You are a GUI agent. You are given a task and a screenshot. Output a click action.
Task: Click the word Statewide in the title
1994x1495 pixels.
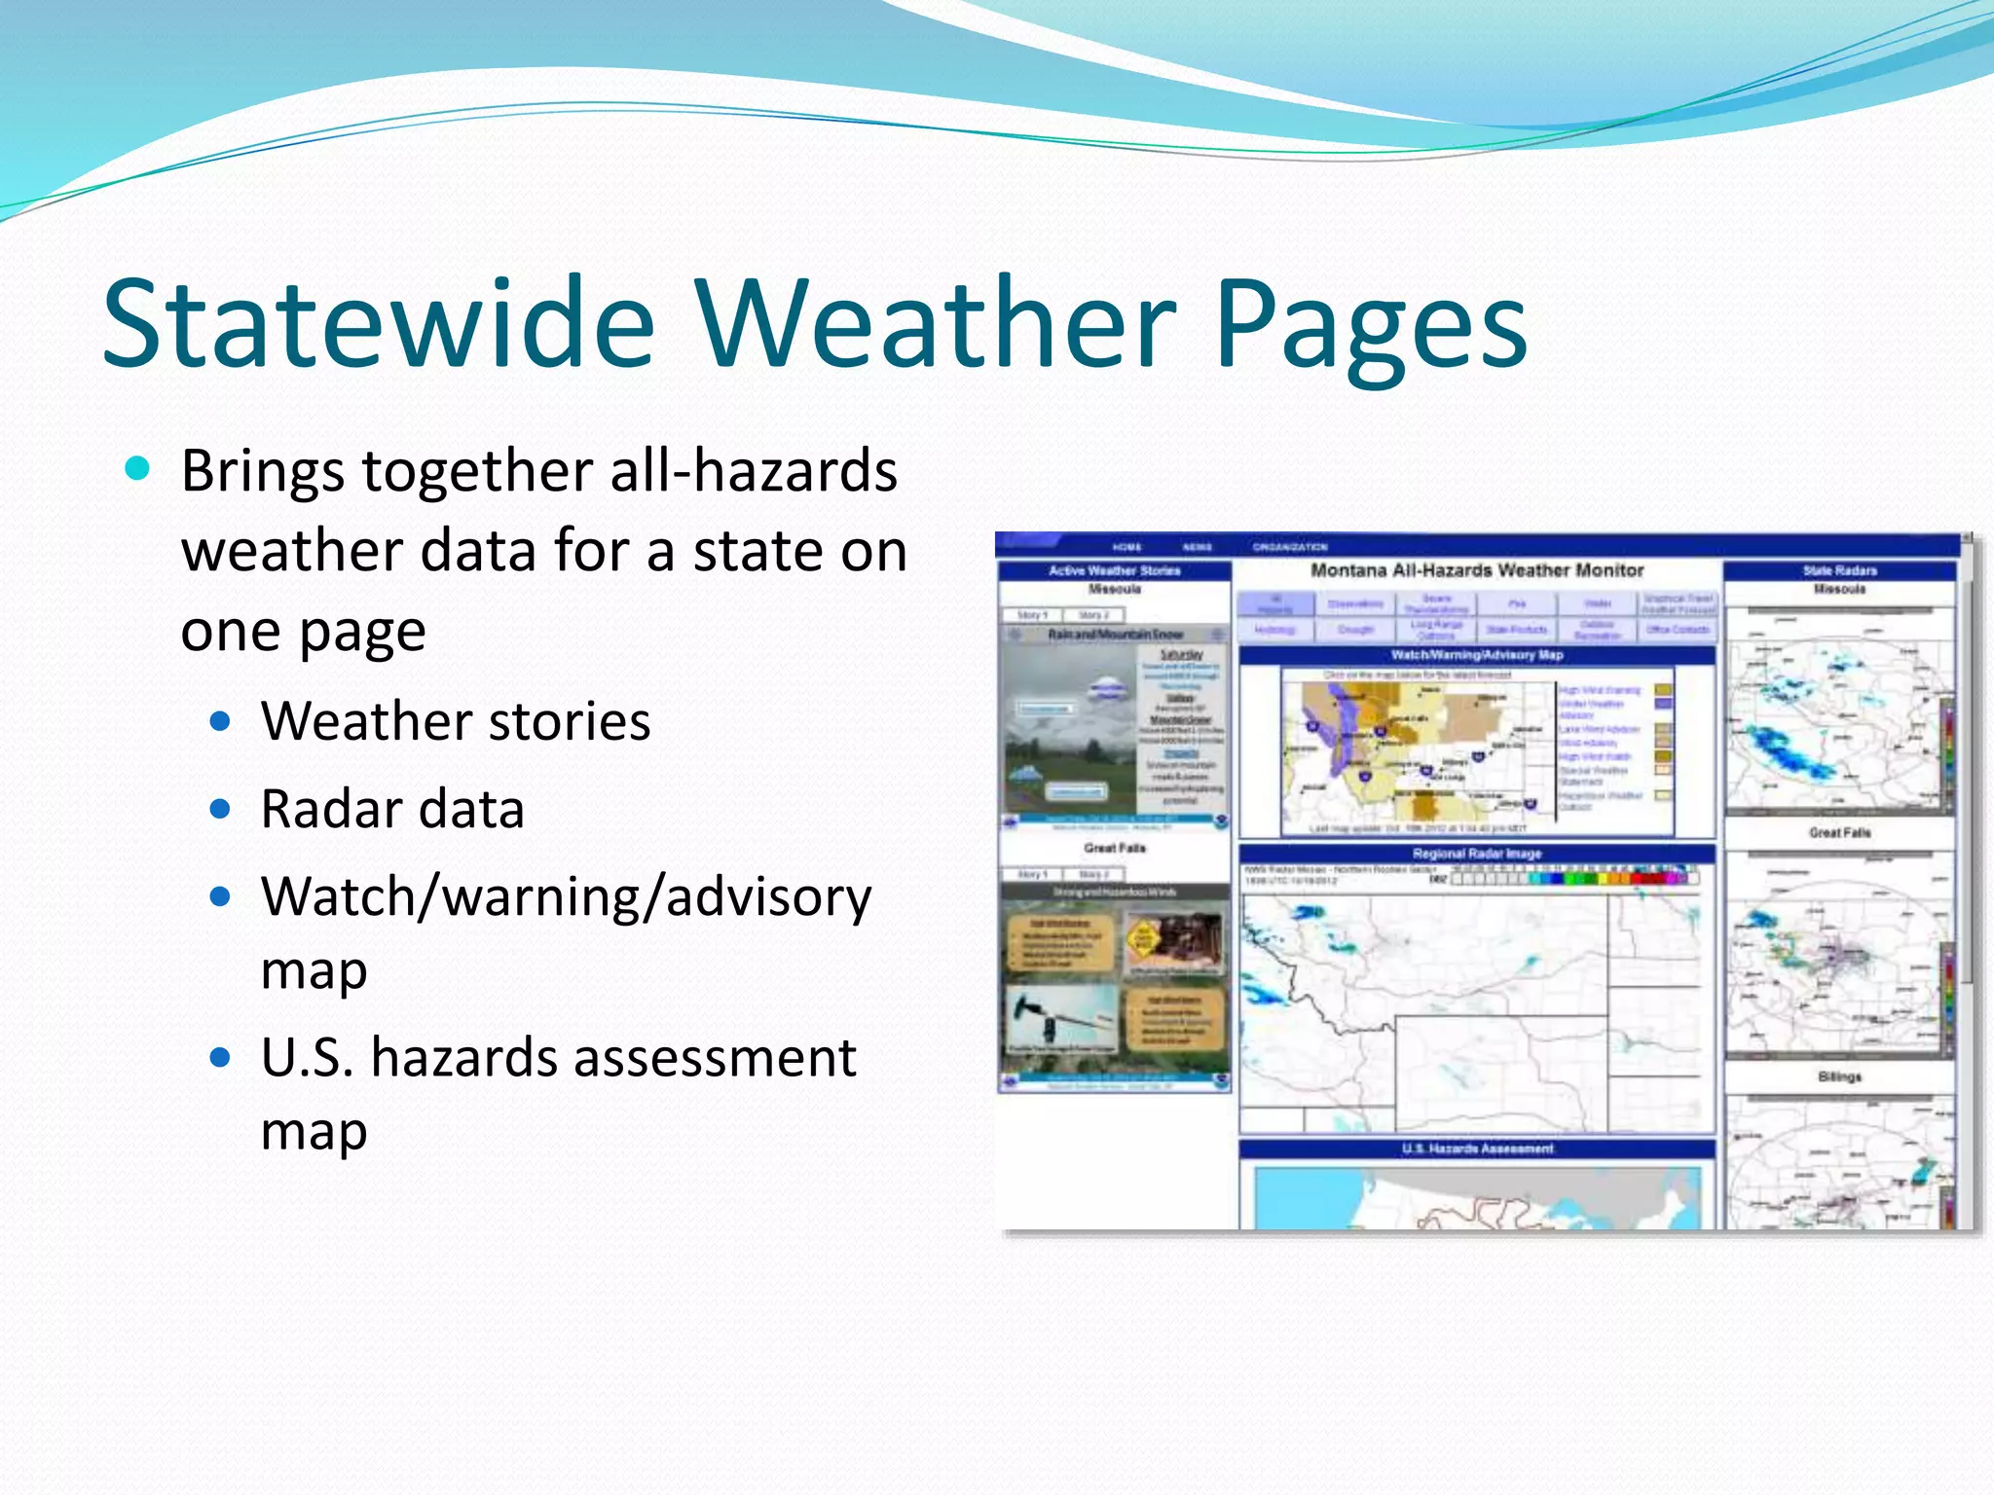tap(380, 324)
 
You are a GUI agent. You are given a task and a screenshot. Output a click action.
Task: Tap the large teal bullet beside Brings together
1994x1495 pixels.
tap(138, 470)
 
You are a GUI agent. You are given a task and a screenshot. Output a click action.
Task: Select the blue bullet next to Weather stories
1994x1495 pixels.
tap(221, 722)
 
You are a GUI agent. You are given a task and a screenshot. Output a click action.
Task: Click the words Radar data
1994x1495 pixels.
tap(392, 809)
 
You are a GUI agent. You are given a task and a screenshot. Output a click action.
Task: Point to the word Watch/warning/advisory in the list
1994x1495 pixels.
tap(566, 896)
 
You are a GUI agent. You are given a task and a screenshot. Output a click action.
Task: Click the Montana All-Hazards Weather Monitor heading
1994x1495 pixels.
tap(1476, 570)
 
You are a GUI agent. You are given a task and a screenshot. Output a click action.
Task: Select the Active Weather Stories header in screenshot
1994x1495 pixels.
tap(1114, 570)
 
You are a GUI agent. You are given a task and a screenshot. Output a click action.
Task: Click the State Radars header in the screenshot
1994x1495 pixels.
tap(1839, 570)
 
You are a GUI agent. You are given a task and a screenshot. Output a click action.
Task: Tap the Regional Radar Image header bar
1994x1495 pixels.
tap(1476, 854)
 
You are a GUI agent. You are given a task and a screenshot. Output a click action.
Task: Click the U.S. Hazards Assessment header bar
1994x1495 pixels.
tap(1476, 1149)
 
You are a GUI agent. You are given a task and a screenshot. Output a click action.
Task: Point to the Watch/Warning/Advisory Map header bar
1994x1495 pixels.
tap(1476, 655)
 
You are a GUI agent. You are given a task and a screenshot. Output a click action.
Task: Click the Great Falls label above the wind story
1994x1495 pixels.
tap(1114, 848)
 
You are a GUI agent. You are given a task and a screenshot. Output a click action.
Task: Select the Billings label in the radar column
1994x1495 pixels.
tap(1839, 1076)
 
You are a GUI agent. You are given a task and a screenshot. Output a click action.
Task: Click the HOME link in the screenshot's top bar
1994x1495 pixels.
tap(1126, 547)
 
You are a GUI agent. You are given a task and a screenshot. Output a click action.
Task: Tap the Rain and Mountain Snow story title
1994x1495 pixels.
tap(1114, 635)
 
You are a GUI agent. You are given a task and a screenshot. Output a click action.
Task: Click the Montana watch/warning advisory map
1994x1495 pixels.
tap(1417, 749)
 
